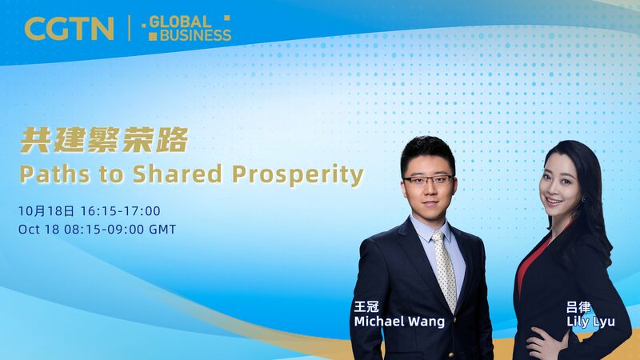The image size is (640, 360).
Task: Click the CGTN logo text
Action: [x=69, y=29]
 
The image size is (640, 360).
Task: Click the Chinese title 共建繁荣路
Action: [x=104, y=142]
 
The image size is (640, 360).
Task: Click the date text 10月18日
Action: [x=46, y=211]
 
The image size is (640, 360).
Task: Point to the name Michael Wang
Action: [x=398, y=322]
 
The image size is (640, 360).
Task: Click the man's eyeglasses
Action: [x=429, y=179]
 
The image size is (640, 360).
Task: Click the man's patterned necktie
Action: [x=445, y=268]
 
